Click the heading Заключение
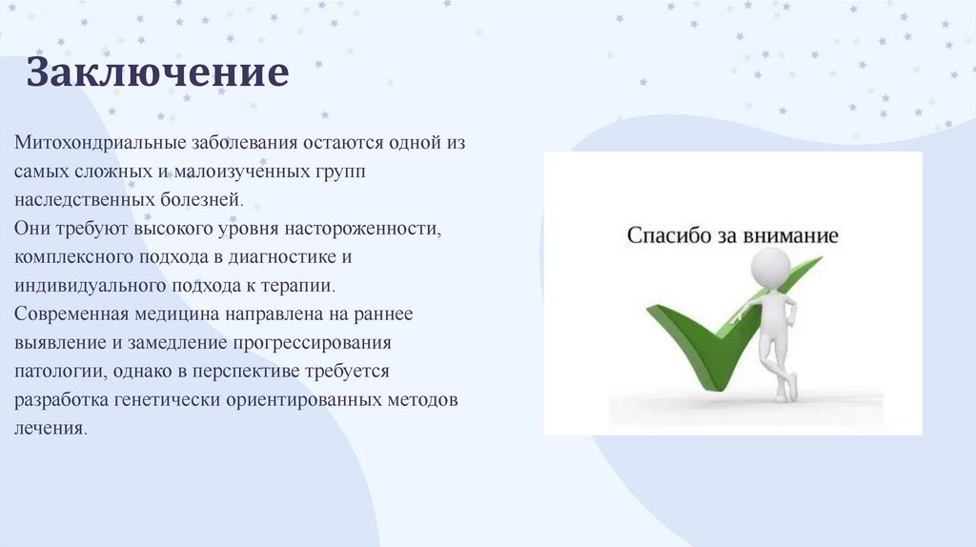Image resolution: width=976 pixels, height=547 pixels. pyautogui.click(x=157, y=72)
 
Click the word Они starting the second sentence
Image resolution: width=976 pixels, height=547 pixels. pyautogui.click(x=32, y=229)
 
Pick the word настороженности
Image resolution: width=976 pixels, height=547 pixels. pyautogui.click(x=363, y=229)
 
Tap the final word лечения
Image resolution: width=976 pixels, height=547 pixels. pyautogui.click(x=51, y=428)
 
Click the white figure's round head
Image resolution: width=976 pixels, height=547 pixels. pyautogui.click(x=771, y=267)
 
